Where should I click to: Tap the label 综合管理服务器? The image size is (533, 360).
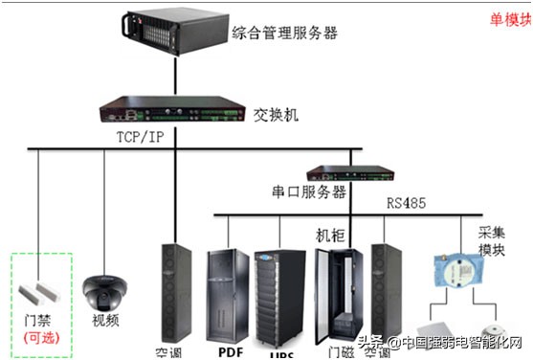(285, 34)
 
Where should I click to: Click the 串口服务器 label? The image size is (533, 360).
(305, 192)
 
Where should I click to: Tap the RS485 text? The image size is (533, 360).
(407, 203)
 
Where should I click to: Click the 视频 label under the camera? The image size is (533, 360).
(107, 320)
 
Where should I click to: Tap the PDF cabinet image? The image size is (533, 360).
(227, 297)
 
